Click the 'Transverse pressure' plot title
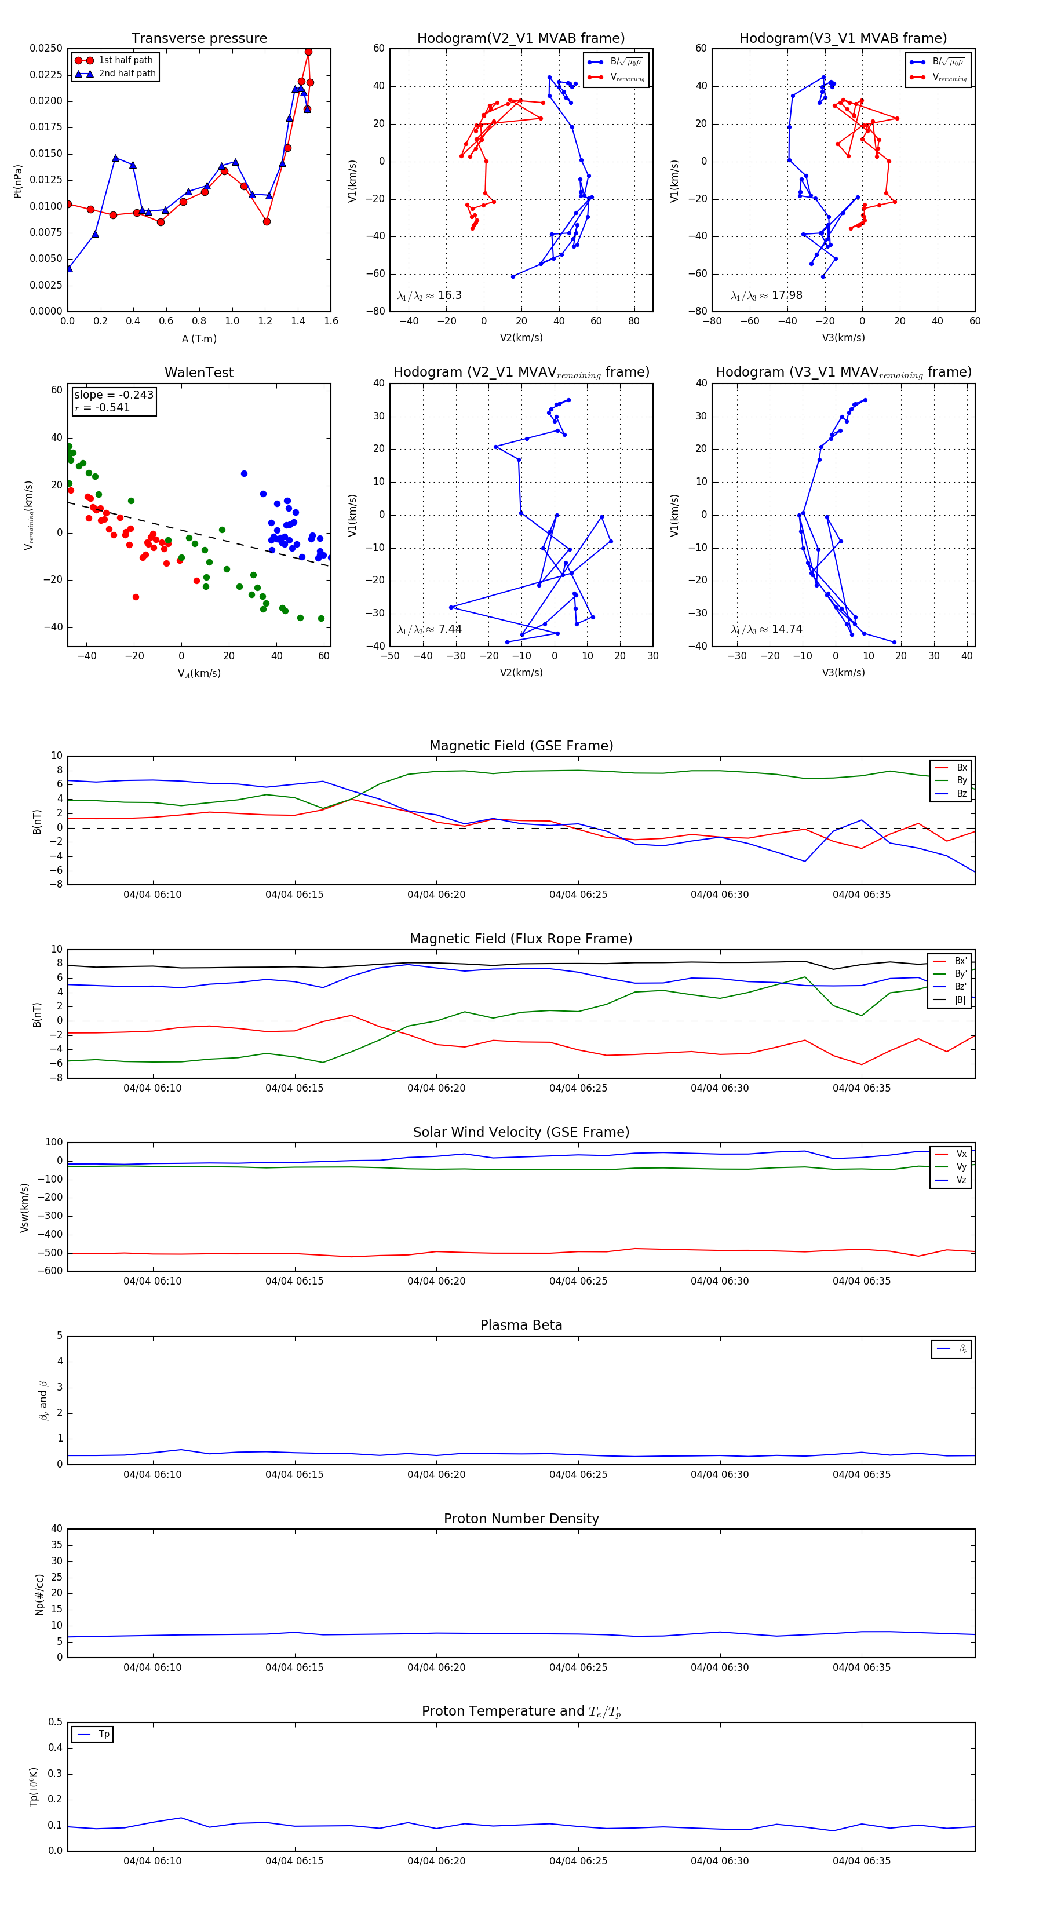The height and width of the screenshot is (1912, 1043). pyautogui.click(x=199, y=39)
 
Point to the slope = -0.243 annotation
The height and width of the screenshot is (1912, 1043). pyautogui.click(x=114, y=395)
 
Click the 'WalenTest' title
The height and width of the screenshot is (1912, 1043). pyautogui.click(x=199, y=373)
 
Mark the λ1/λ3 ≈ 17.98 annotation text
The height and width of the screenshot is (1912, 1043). pyautogui.click(x=766, y=295)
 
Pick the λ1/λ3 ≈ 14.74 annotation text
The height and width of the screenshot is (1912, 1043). pyautogui.click(x=766, y=629)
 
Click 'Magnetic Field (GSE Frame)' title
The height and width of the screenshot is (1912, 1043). pyautogui.click(x=521, y=746)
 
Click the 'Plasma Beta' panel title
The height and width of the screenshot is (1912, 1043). pyautogui.click(x=521, y=1326)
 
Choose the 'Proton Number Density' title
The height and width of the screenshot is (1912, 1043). pyautogui.click(x=521, y=1519)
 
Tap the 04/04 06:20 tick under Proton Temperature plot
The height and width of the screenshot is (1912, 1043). pyautogui.click(x=436, y=1861)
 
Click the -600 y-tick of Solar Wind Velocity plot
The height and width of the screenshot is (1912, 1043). pyautogui.click(x=50, y=1271)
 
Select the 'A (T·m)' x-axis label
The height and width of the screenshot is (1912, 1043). pyautogui.click(x=199, y=338)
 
